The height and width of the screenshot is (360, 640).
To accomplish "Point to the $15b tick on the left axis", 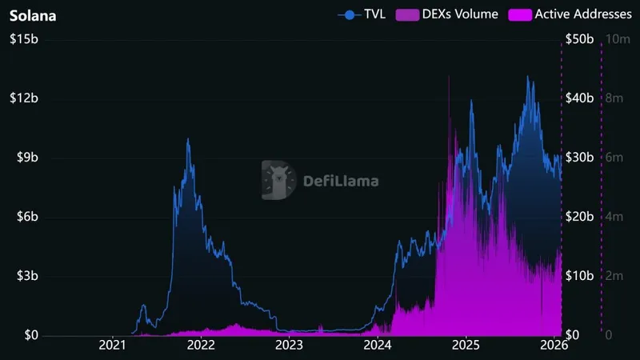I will [x=23, y=39].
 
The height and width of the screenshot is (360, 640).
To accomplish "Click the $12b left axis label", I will [x=23, y=98].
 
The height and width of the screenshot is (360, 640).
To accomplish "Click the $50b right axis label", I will [x=579, y=39].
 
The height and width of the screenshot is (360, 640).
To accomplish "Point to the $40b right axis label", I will [x=579, y=98].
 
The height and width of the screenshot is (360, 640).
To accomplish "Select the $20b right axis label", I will [x=579, y=217].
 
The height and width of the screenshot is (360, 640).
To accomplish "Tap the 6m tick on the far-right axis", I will [x=615, y=158].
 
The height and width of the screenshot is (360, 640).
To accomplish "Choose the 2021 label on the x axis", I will [x=113, y=346].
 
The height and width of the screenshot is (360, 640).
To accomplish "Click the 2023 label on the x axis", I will [x=289, y=346].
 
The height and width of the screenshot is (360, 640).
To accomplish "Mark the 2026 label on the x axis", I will [x=554, y=346].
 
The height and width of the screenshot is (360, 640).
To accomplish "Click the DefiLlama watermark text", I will [x=342, y=180].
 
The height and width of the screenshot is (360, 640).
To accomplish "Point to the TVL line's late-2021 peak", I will [x=188, y=139].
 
